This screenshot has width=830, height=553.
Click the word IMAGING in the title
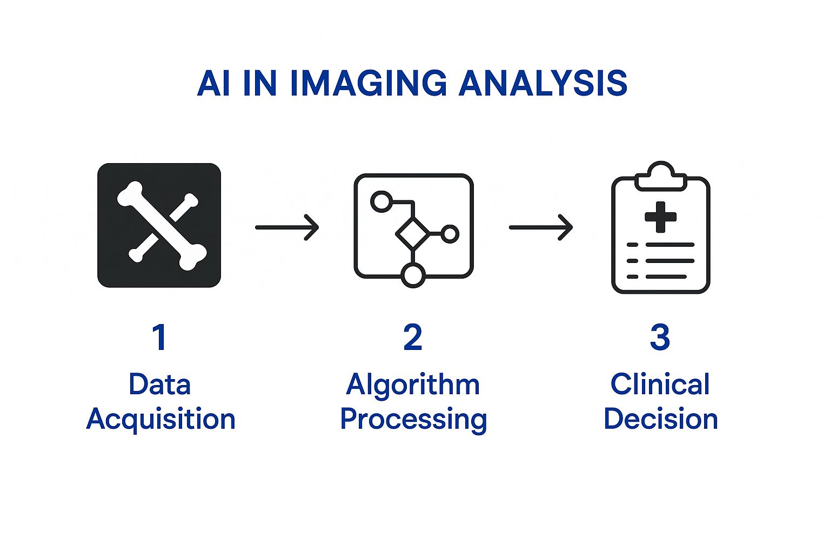368,84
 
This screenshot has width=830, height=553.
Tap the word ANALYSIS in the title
543,84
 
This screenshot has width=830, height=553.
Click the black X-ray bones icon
159,225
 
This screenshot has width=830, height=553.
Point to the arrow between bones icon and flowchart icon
287,227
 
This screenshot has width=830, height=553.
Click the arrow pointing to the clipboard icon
540,227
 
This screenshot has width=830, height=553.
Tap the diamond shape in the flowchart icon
412,234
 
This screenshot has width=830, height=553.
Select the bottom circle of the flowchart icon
413,275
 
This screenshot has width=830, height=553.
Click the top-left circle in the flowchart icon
381,201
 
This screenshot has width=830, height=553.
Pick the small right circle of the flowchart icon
450,234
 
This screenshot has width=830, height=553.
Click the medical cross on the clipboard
660,217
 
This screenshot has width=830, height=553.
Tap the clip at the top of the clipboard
660,176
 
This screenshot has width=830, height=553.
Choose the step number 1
159,338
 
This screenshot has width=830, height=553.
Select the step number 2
413,338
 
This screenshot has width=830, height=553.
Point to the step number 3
660,338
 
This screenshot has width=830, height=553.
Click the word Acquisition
160,420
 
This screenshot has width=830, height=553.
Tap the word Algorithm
413,385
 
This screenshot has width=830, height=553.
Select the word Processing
413,420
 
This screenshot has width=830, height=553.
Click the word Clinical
660,385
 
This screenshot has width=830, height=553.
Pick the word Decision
660,420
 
